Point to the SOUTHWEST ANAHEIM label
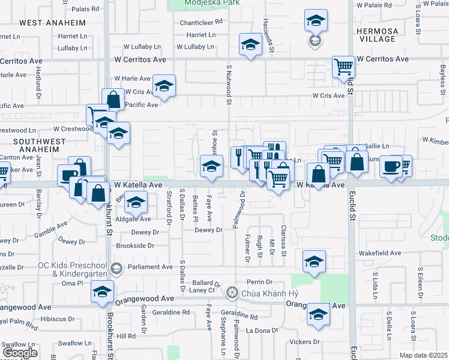point(36,145)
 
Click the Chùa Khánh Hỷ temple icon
point(232,293)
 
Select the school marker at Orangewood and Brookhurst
point(103,292)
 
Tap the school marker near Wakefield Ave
point(314,261)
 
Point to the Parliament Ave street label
point(149,267)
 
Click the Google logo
point(20,353)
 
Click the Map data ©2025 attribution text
point(423,355)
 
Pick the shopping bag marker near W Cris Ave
point(113,99)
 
